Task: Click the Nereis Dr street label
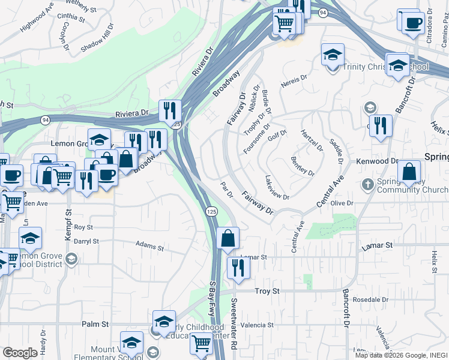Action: tap(294, 78)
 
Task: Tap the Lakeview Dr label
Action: tap(277, 188)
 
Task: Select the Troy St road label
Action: tap(268, 291)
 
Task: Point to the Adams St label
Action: tap(149, 246)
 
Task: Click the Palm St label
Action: tap(95, 324)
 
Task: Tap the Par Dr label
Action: tap(226, 191)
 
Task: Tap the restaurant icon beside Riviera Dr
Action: tap(170, 110)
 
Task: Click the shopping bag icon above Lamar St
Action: tap(228, 238)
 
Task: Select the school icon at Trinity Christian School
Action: tap(333, 55)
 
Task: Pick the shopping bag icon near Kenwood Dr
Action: tap(408, 172)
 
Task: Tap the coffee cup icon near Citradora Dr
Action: tap(412, 23)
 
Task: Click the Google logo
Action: tap(20, 353)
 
